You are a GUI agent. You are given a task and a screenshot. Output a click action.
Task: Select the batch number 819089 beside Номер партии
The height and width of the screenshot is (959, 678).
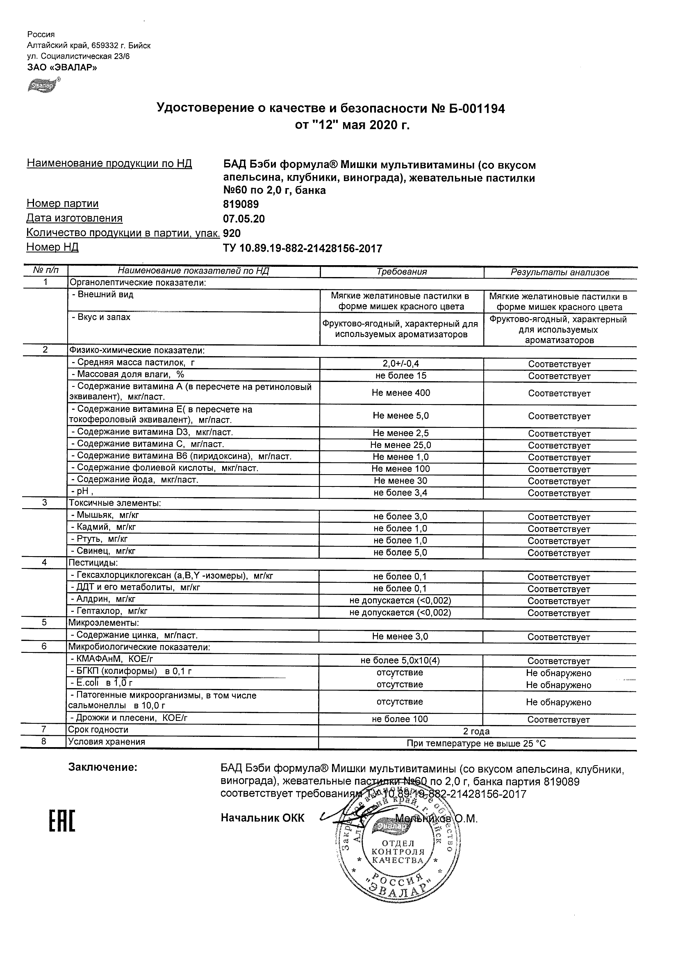[x=241, y=204]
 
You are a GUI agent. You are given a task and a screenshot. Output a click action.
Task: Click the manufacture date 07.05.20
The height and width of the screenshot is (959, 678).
[x=244, y=219]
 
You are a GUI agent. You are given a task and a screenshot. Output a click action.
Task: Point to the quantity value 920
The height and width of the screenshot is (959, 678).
[x=232, y=233]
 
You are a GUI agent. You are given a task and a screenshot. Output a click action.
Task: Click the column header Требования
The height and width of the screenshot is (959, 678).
[x=401, y=272]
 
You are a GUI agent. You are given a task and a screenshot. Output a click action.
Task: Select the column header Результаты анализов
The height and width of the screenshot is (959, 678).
[x=560, y=272]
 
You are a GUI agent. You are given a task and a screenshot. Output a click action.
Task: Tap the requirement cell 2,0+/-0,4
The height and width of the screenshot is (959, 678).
[x=401, y=364]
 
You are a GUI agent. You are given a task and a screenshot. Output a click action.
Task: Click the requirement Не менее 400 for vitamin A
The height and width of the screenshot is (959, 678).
[x=400, y=393]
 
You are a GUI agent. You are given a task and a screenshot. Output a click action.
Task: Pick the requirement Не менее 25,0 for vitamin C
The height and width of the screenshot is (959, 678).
[x=400, y=445]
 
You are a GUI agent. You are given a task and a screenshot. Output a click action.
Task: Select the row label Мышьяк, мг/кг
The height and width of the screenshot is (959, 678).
[x=104, y=516]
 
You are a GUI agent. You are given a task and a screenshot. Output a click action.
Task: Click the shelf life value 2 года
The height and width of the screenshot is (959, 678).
[x=476, y=732]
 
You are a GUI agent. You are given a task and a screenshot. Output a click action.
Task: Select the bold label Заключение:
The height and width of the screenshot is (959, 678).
[x=103, y=767]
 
